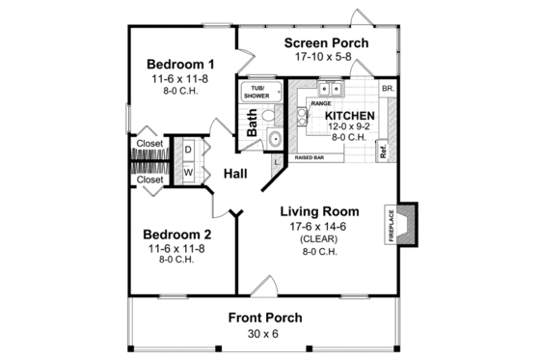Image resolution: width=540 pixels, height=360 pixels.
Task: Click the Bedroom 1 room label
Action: [x=180, y=65]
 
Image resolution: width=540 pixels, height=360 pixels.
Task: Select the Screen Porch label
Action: [x=320, y=43]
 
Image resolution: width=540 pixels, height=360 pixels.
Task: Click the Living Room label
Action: [x=319, y=211]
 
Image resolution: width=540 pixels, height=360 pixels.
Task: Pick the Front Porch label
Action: [x=265, y=318]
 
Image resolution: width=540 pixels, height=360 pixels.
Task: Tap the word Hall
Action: [x=235, y=174]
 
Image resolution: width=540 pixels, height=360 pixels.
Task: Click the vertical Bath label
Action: [x=253, y=122]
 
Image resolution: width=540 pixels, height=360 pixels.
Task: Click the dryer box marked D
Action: [x=188, y=152]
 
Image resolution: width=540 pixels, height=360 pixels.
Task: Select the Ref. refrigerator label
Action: [x=383, y=152]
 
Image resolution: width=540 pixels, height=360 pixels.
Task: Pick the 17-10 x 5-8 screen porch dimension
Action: [x=320, y=58]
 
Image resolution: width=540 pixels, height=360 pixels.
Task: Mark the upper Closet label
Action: [x=149, y=144]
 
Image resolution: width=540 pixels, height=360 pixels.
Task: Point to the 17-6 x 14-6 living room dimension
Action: [x=319, y=227]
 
